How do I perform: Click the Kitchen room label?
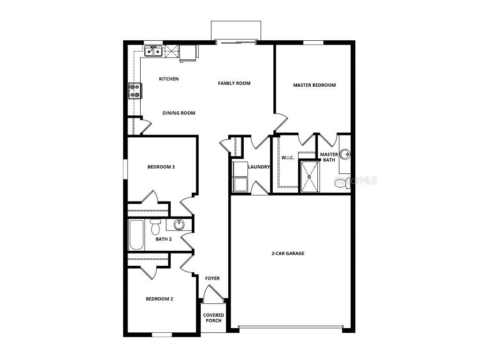point(169,79)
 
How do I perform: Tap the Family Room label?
point(234,83)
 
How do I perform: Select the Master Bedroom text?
point(315,85)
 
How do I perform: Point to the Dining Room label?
point(179,113)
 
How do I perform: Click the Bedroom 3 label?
point(161,167)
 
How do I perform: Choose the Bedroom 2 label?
point(159,299)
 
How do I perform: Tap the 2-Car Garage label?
point(288,254)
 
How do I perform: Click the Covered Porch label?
point(214,318)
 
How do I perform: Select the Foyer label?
point(212,278)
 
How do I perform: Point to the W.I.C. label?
point(288,157)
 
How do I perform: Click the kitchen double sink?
point(153,51)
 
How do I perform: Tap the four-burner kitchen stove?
point(135,90)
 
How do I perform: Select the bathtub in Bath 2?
point(137,235)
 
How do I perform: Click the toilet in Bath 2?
point(156,227)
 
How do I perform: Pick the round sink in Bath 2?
point(179,225)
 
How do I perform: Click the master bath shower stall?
point(309,177)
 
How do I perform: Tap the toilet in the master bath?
point(342,183)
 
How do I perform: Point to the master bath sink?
point(345,154)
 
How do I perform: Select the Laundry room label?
point(259,167)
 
